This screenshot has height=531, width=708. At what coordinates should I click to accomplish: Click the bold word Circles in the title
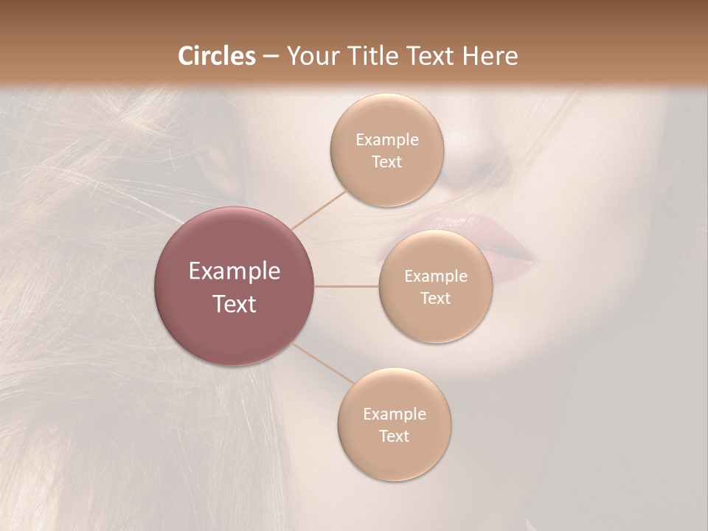(217, 56)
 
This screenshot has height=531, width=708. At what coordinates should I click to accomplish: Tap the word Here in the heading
(490, 56)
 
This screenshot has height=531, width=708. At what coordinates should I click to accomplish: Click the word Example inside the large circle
(235, 271)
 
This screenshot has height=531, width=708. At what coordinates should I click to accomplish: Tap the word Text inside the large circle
(235, 304)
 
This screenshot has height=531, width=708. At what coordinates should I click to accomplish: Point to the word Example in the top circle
(387, 140)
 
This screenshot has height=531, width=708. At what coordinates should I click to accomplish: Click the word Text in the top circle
(387, 162)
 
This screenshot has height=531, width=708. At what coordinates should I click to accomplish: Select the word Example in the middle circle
(436, 277)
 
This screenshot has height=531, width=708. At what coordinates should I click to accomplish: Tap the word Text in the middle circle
(436, 299)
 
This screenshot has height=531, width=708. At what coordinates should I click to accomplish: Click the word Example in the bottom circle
(395, 414)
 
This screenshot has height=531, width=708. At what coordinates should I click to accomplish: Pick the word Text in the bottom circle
(395, 437)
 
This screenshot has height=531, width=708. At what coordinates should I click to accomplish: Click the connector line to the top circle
(319, 209)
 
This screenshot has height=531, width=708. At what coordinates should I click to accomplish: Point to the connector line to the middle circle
(347, 286)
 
